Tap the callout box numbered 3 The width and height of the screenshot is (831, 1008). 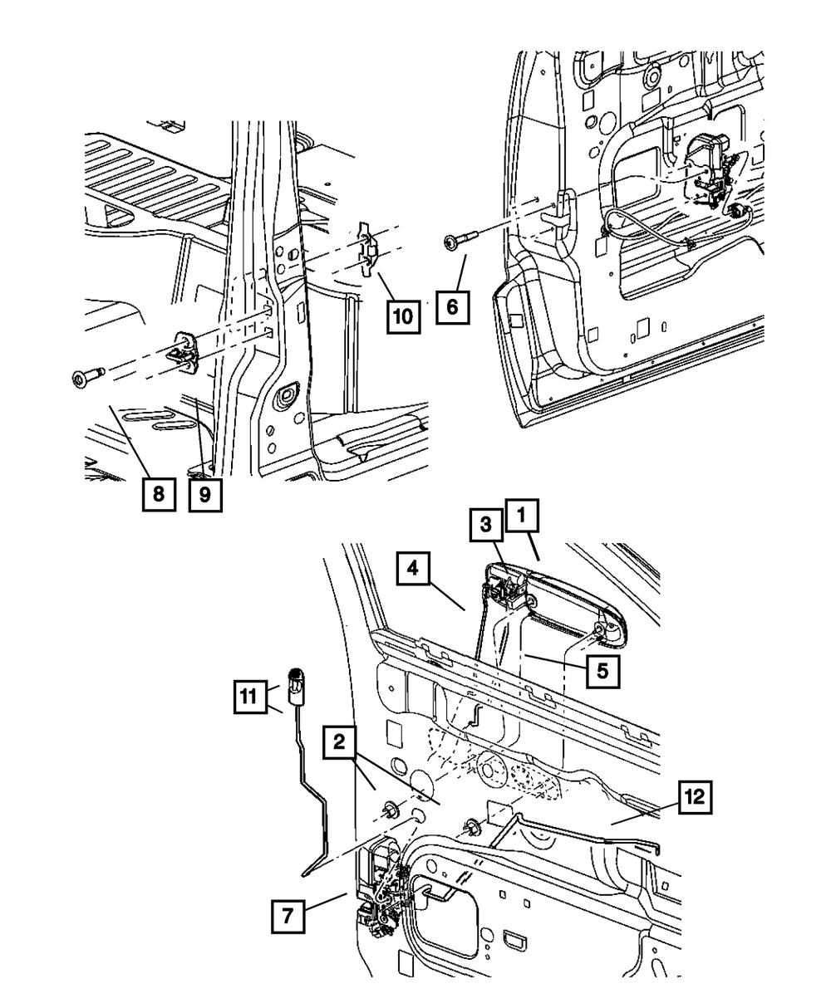click(x=488, y=526)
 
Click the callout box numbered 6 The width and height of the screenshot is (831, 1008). click(x=452, y=306)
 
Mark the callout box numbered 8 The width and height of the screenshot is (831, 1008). click(x=158, y=495)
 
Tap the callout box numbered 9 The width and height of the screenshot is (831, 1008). click(x=204, y=495)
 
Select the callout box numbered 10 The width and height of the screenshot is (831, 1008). click(x=402, y=316)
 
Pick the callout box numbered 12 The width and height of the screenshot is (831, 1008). click(x=695, y=799)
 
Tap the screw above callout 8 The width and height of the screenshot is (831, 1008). click(x=85, y=378)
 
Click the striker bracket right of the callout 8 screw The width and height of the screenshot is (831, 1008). click(x=185, y=351)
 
